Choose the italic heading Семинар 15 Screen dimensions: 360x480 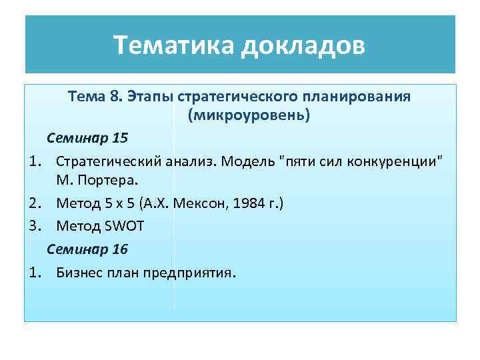pyautogui.click(x=87, y=139)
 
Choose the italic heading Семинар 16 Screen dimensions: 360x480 pyautogui.click(x=87, y=249)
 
